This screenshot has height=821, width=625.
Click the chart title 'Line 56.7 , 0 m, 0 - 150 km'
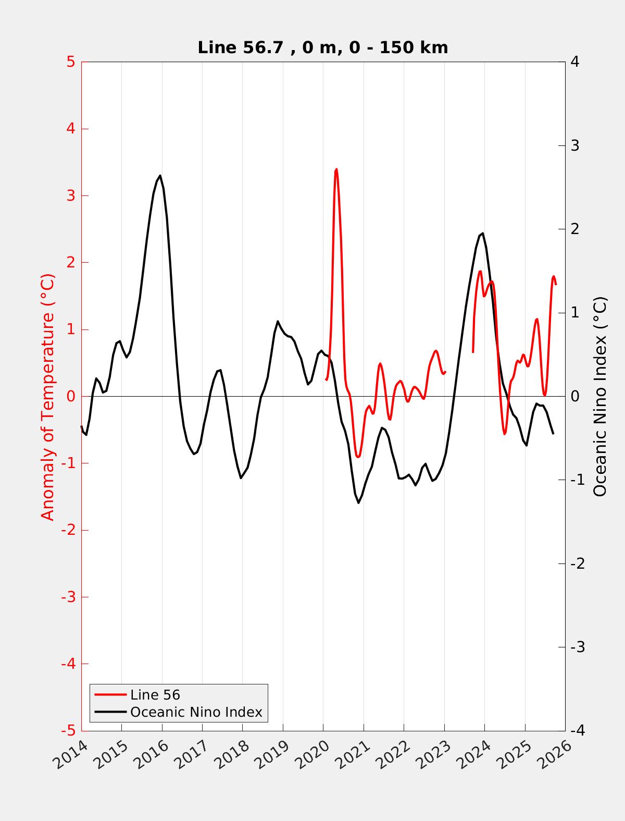tap(322, 48)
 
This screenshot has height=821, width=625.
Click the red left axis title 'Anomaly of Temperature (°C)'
tap(48, 397)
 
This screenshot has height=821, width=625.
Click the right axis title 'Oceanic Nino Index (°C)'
tap(600, 397)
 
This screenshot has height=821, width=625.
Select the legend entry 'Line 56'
tap(155, 695)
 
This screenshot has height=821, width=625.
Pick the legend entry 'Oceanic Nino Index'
tap(196, 712)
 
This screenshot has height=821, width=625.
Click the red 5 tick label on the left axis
tap(71, 62)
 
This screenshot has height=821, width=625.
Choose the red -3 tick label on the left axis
tap(68, 597)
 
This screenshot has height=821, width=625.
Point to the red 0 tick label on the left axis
tap(71, 397)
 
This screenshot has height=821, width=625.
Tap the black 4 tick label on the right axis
tap(575, 62)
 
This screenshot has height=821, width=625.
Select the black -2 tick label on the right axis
tap(577, 564)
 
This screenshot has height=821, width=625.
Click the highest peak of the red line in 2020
tap(336, 169)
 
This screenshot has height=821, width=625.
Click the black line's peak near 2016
tap(160, 176)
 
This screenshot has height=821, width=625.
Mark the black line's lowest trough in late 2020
tap(358, 503)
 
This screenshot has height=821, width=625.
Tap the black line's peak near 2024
tap(483, 234)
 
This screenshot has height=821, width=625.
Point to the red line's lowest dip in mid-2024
tap(504, 434)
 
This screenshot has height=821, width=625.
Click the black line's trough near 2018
tap(241, 478)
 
